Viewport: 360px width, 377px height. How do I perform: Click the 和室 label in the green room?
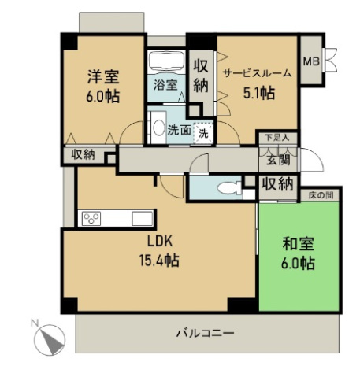298,245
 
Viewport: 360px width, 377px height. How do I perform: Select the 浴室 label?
164,85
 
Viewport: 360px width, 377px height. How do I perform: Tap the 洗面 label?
179,131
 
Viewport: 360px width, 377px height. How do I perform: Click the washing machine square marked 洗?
203,132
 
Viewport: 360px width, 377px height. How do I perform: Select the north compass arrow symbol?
51,339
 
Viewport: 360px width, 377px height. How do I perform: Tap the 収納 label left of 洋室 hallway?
82,154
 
